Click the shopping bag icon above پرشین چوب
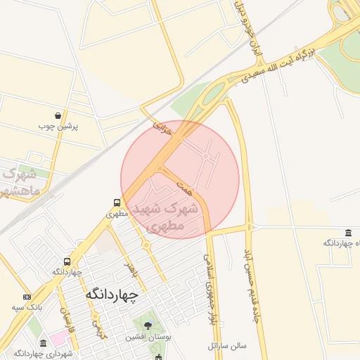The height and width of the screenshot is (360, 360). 58,115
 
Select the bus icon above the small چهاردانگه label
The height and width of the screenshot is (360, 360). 67,261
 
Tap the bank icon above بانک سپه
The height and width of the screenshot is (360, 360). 27,297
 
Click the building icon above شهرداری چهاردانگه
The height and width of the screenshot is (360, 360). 43,343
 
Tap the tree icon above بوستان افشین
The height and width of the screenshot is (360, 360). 148,326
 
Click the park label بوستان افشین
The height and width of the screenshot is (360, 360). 145,337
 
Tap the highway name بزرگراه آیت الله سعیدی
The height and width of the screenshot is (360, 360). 281,65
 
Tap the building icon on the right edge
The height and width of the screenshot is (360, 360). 349,233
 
